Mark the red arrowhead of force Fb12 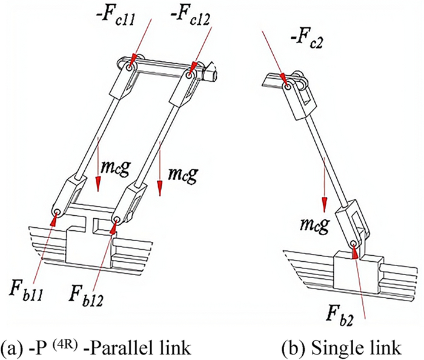click(x=114, y=227)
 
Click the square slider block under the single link click(x=357, y=269)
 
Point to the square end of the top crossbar click(x=211, y=76)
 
